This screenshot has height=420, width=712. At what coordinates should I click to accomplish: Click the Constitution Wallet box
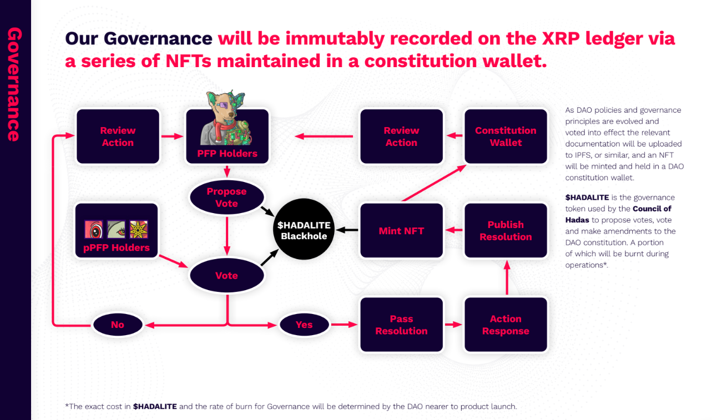point(506,136)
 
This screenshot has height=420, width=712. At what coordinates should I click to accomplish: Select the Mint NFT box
point(401,230)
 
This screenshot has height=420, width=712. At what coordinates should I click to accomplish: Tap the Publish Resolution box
point(506,230)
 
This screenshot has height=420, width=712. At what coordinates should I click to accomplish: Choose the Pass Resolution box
point(401,325)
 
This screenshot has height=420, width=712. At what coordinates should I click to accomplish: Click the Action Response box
point(506,325)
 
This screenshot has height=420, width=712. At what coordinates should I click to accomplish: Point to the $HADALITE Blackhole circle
point(304,229)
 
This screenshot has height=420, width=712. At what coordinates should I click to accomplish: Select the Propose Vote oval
point(226,198)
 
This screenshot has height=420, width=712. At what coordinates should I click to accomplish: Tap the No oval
point(118,325)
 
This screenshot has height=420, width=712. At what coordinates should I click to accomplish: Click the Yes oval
point(304,325)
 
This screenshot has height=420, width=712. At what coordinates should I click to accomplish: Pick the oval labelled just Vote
point(226,275)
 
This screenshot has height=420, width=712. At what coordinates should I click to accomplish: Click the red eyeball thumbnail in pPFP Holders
point(94,229)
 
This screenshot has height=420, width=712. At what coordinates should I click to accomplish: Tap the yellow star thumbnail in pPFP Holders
point(139,229)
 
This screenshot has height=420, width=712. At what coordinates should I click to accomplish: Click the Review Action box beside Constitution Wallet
point(401,136)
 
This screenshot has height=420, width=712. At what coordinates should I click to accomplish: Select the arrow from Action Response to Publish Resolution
point(507,277)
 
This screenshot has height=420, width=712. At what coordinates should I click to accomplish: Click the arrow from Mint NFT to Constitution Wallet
point(434,183)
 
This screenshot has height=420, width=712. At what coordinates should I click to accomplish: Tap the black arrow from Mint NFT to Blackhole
point(347,230)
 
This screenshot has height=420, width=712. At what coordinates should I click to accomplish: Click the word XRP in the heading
point(561,38)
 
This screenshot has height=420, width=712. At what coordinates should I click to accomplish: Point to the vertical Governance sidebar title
point(14,84)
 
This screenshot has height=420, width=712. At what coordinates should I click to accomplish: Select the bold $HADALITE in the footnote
point(155,406)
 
